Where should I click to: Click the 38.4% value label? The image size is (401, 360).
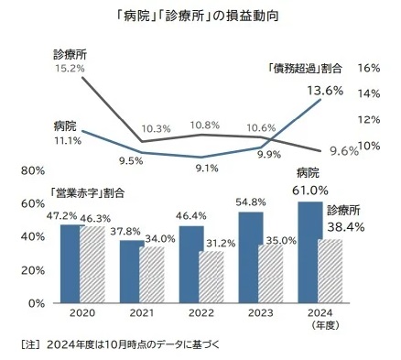(x=345, y=225)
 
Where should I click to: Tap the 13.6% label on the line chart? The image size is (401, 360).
(x=326, y=90)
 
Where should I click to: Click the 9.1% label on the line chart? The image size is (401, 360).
(x=206, y=168)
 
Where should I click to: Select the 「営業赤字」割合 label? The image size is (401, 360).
(x=87, y=193)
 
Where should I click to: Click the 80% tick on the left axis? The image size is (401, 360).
(x=33, y=170)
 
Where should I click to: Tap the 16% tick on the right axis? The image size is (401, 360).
(x=370, y=68)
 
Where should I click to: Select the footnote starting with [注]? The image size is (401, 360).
(x=119, y=345)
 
